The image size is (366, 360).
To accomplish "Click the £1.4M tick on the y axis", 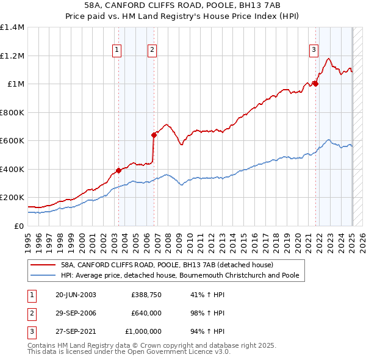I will point(13,27).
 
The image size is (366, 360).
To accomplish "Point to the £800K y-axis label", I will point(12,112).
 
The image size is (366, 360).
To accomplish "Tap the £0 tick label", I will point(18,226).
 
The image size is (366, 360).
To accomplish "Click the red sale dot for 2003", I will point(118,171).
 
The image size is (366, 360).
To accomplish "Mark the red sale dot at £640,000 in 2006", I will point(154,135).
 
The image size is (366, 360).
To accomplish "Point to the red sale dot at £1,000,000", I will point(315,84).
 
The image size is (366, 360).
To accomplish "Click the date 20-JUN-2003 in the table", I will point(76,295).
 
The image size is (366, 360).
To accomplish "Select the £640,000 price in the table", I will point(146,313).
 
